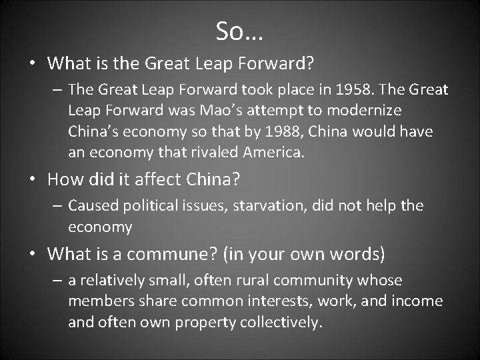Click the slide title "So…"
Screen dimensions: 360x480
click(240, 29)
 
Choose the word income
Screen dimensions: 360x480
click(419, 301)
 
